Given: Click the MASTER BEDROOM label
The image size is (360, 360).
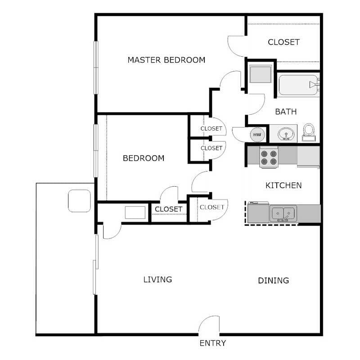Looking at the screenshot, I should (166, 59).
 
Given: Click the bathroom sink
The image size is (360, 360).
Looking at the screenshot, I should (284, 134).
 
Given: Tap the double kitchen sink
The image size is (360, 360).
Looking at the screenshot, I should (283, 211).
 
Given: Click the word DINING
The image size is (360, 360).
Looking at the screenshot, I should (273, 281).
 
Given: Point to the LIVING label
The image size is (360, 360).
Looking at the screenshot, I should (157, 279).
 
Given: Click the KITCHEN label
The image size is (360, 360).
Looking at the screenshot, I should (283, 185).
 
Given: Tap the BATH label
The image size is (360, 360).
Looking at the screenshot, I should (286, 111).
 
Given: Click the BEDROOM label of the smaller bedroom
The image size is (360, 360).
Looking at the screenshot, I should (144, 158).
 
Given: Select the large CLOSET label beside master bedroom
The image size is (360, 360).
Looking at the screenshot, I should (283, 42).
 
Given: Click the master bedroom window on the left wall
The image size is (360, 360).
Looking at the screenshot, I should (95, 67).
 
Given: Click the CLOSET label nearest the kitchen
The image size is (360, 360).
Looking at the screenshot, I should (211, 207).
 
